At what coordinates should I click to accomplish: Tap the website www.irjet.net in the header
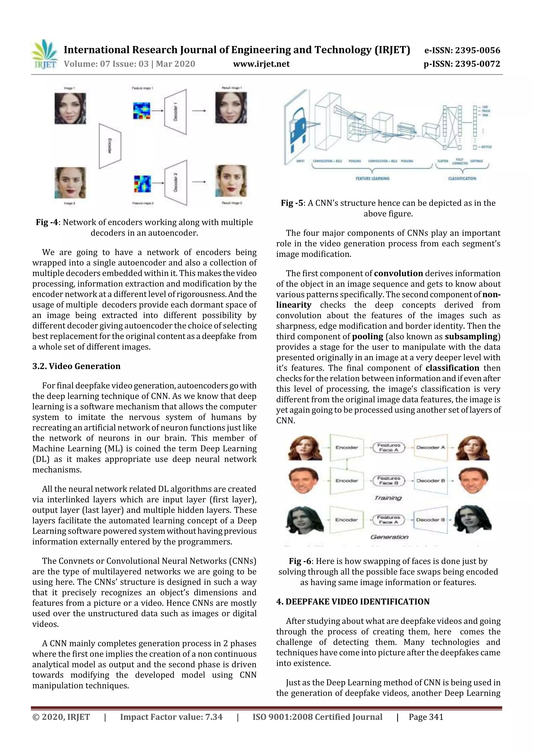(261, 64)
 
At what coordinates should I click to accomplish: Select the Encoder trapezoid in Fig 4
(110, 146)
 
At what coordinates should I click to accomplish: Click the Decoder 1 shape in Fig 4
(175, 111)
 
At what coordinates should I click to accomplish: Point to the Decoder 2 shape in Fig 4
(175, 182)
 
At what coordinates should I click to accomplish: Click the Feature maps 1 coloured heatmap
(142, 111)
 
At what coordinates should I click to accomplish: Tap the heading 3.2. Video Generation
(76, 366)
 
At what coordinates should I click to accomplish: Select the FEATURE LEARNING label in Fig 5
(372, 179)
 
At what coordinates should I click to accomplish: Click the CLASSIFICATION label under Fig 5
(462, 179)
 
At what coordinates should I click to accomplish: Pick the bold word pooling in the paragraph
(367, 337)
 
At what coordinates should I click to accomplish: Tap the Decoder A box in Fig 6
(430, 448)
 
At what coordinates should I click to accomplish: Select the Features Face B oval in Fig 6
(389, 481)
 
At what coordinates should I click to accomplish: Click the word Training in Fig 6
(388, 498)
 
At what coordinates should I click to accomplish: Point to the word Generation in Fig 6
(389, 537)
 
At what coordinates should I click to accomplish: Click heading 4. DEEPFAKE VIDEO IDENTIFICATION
(353, 602)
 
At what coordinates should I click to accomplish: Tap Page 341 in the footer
(426, 717)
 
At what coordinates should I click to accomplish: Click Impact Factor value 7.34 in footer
(171, 717)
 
